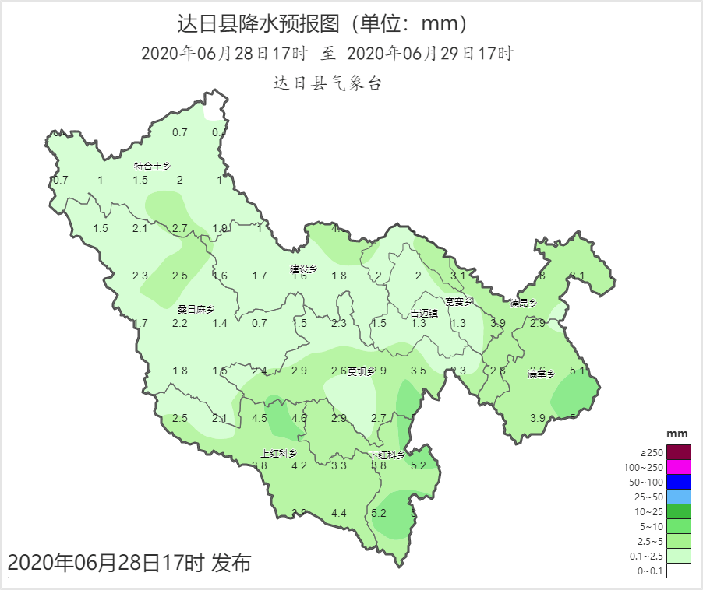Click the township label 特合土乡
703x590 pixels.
pyautogui.click(x=152, y=166)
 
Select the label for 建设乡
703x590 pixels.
pyautogui.click(x=304, y=269)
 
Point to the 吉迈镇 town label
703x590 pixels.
pyautogui.click(x=424, y=314)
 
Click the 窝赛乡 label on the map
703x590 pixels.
pyautogui.click(x=459, y=301)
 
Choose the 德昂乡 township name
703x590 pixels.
pyautogui.click(x=524, y=303)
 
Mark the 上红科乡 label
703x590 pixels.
pyautogui.click(x=278, y=454)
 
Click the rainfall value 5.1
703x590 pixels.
pyautogui.click(x=578, y=371)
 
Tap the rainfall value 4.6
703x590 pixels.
pyautogui.click(x=299, y=418)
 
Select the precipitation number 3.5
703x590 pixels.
pyautogui.click(x=419, y=371)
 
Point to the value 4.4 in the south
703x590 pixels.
pyautogui.click(x=339, y=513)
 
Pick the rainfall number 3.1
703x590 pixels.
pyautogui.click(x=458, y=276)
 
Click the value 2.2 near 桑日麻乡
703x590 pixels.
pyautogui.click(x=180, y=323)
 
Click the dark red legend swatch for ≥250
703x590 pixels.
pyautogui.click(x=678, y=452)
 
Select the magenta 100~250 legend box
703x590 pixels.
pyautogui.click(x=678, y=467)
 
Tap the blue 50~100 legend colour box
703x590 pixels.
pyautogui.click(x=678, y=482)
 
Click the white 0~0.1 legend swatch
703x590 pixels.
pyautogui.click(x=678, y=571)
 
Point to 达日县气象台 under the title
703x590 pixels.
pyautogui.click(x=327, y=83)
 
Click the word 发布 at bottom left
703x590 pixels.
pyautogui.click(x=231, y=563)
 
